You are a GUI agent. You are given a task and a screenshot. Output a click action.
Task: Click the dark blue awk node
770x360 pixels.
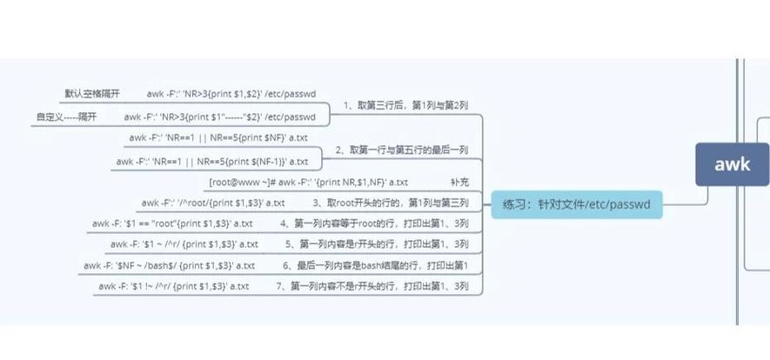click(733, 164)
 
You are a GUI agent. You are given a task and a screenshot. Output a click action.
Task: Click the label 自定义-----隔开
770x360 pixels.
click(66, 117)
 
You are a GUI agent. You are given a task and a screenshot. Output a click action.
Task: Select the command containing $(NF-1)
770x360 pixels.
click(211, 161)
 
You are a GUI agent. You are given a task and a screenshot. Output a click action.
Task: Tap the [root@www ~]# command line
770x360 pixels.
click(309, 183)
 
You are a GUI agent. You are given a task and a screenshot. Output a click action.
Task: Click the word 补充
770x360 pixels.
click(459, 183)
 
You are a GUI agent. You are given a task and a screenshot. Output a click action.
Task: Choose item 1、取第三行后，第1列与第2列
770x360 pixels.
click(406, 105)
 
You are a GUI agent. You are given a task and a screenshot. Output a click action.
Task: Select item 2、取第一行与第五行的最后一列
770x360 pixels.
click(408, 150)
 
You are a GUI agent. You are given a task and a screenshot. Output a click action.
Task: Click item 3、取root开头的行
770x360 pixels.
click(396, 203)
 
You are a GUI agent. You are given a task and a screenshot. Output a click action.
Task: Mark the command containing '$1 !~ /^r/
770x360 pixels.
click(174, 286)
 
